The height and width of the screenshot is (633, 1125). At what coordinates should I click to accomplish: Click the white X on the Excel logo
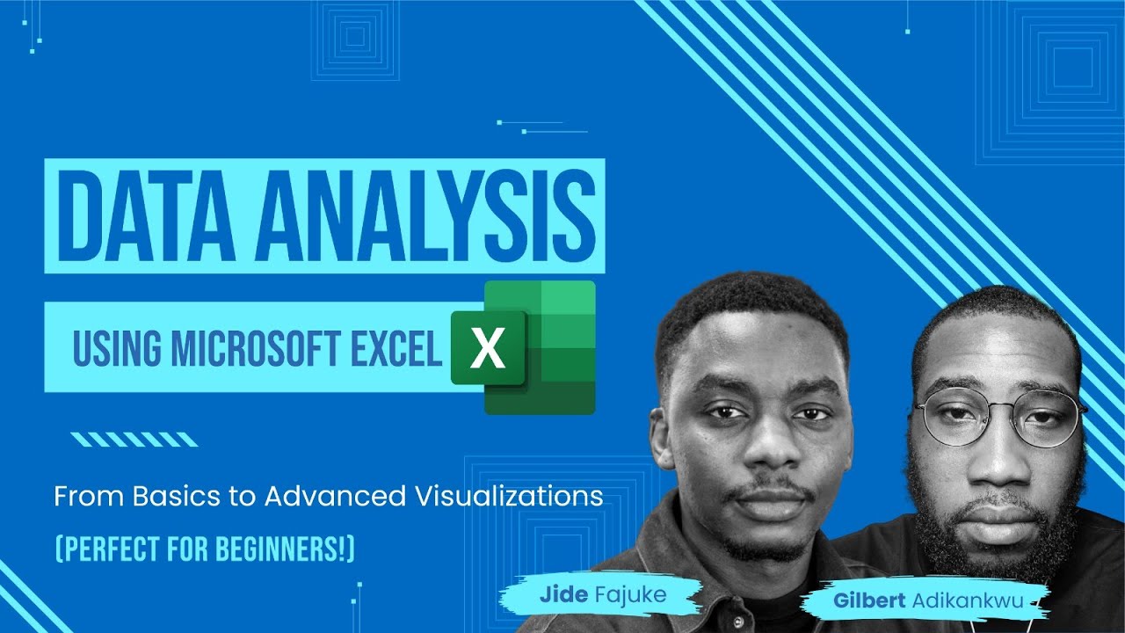click(x=487, y=349)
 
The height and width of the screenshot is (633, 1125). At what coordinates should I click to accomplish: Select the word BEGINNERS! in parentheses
click(x=294, y=549)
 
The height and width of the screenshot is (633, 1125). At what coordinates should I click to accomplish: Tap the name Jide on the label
click(x=562, y=595)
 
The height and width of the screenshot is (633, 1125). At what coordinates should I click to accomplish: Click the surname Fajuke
click(x=629, y=595)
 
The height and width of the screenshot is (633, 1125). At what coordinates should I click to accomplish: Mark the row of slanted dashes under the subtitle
click(x=134, y=439)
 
